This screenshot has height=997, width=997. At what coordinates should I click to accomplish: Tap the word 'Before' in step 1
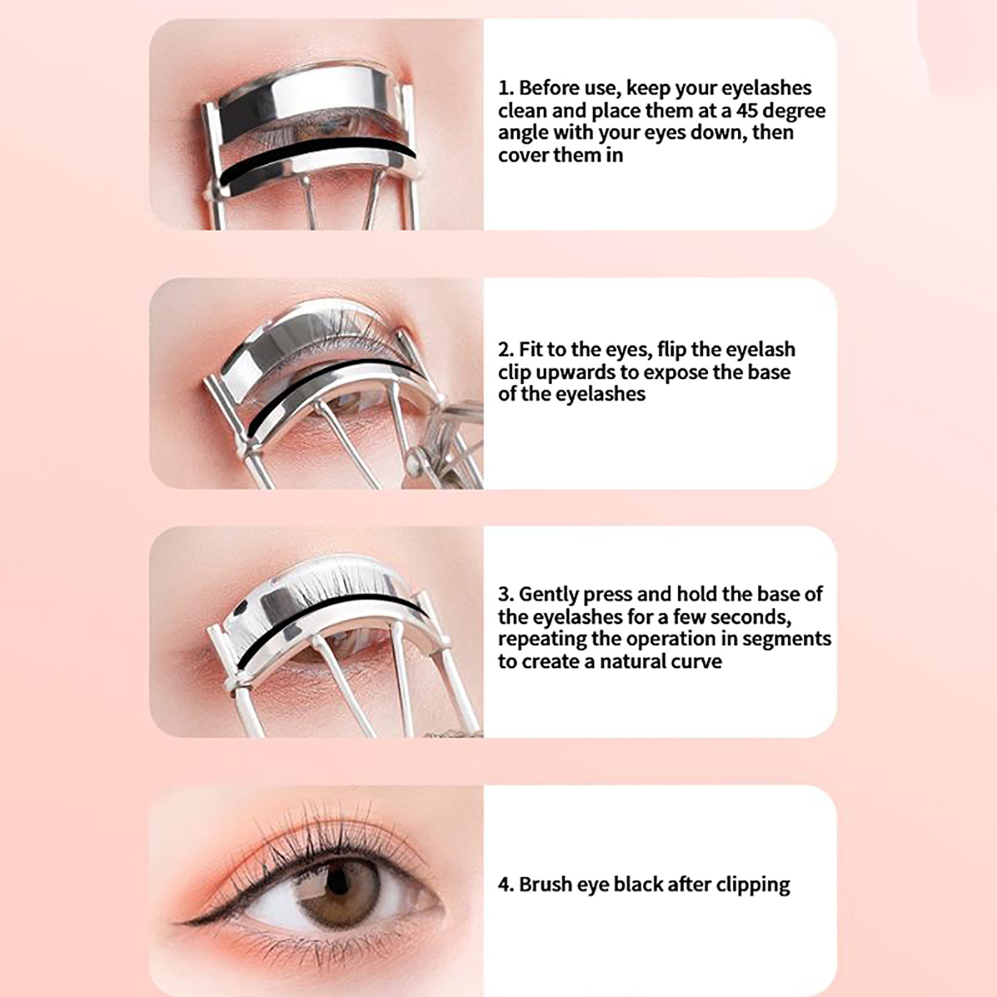click(x=551, y=88)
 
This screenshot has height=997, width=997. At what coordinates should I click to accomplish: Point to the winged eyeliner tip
click(x=173, y=922)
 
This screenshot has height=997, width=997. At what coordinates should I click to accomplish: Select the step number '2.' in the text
click(x=506, y=350)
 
